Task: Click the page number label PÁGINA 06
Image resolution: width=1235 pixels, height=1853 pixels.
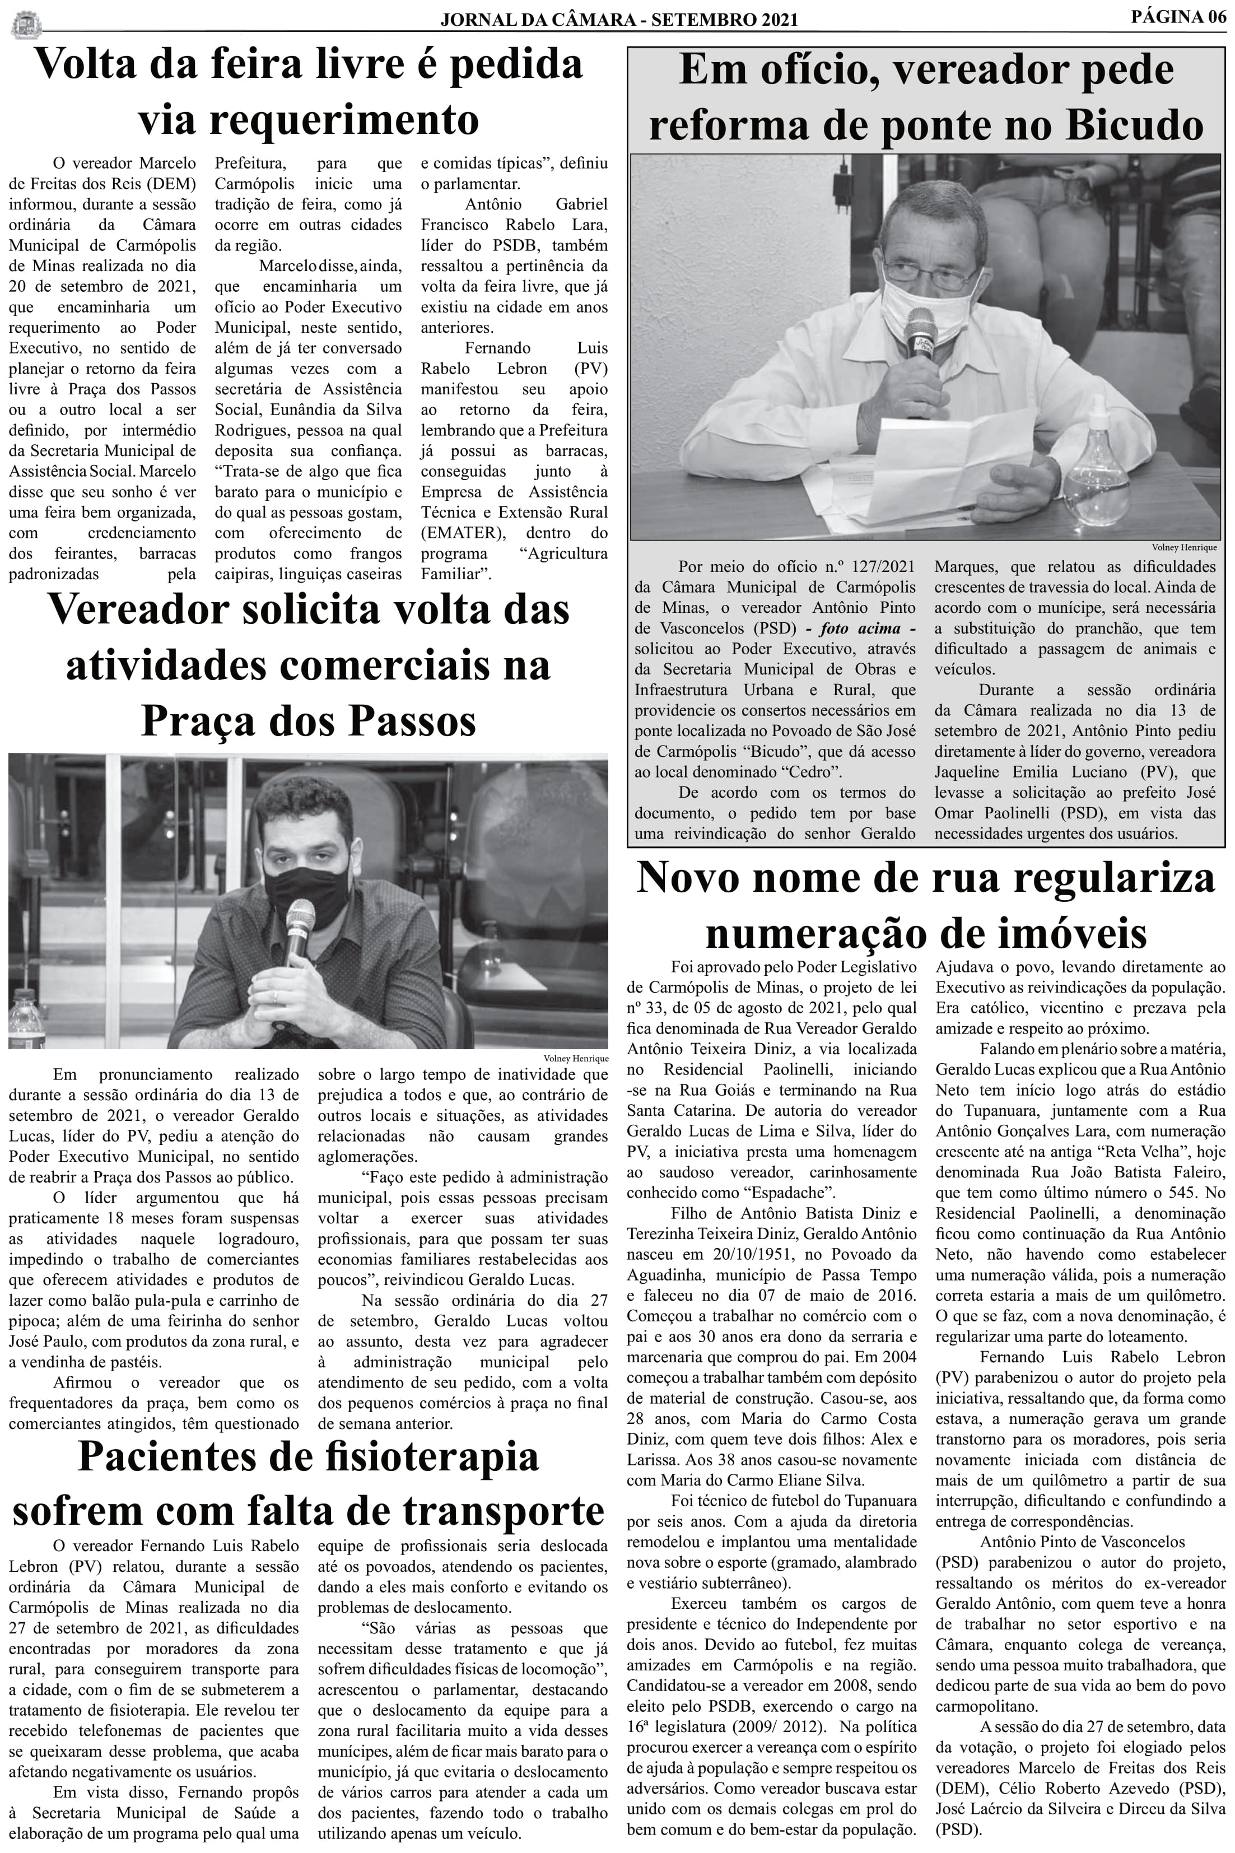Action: pyautogui.click(x=1178, y=17)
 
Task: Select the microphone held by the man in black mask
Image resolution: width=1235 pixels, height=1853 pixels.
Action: pyautogui.click(x=299, y=929)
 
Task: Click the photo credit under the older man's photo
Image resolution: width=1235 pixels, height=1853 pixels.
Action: pyautogui.click(x=1184, y=547)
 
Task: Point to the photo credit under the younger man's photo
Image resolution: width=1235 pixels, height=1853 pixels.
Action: pyautogui.click(x=576, y=1058)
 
